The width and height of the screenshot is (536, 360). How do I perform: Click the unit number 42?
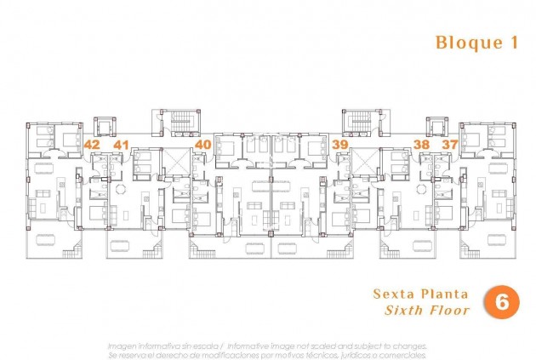[92, 145]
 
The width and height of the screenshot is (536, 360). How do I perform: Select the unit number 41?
[121, 145]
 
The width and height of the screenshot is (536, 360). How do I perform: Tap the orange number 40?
[202, 145]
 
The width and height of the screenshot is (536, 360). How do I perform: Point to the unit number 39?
[339, 145]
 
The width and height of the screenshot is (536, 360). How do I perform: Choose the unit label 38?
[421, 145]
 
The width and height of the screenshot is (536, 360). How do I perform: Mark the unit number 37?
[449, 145]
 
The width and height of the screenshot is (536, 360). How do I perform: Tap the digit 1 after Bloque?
[513, 43]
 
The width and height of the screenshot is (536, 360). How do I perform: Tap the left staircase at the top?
[178, 123]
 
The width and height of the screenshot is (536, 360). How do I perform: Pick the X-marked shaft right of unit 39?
[364, 160]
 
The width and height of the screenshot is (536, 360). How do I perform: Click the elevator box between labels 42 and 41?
[105, 128]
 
